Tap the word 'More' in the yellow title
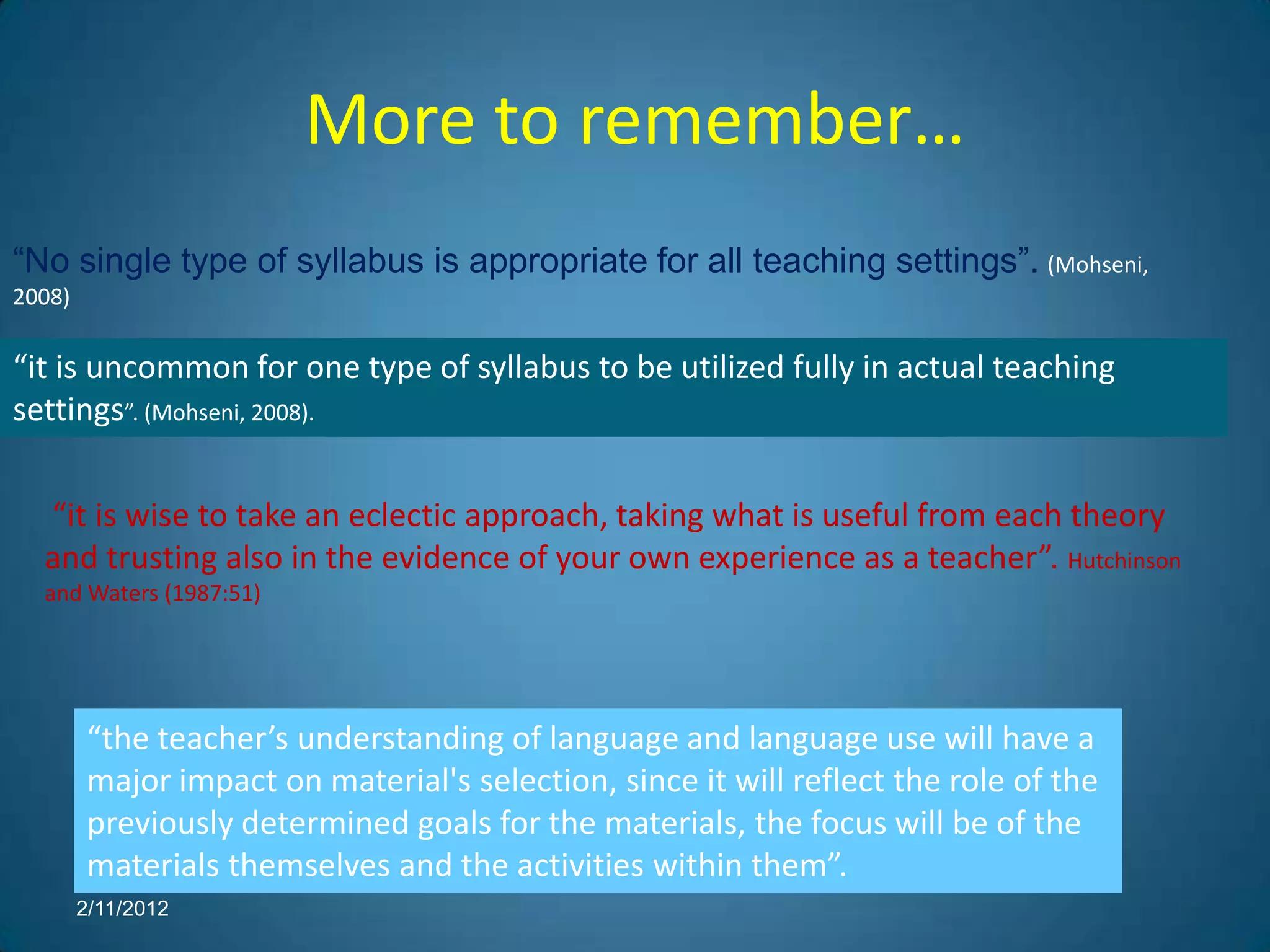click(x=391, y=121)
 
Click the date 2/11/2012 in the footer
click(x=122, y=909)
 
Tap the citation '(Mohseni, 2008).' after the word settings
click(x=229, y=413)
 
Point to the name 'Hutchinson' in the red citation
click(x=1124, y=562)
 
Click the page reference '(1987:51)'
click(x=212, y=594)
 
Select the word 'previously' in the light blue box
click(x=159, y=824)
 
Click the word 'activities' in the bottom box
click(x=580, y=866)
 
